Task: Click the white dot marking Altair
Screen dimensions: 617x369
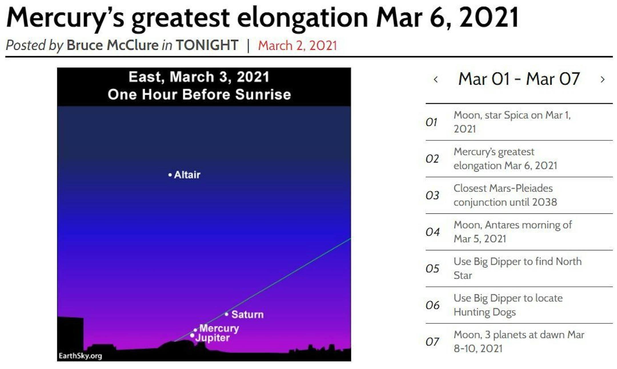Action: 170,175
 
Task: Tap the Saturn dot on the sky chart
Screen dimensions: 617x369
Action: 227,314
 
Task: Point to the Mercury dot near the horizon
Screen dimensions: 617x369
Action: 195,330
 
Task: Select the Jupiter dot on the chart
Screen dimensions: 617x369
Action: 192,336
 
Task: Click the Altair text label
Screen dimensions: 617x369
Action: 187,175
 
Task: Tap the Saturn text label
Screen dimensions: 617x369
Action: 247,314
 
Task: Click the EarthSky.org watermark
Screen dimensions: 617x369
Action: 80,356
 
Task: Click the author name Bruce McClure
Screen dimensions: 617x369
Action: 113,45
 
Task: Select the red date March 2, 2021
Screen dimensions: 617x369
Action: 297,45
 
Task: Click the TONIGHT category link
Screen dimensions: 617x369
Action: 207,45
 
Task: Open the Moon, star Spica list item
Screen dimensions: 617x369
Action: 512,122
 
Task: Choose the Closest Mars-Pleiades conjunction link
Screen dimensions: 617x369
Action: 505,195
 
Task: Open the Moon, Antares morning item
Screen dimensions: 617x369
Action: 513,232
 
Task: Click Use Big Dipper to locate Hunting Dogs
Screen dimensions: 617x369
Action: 508,305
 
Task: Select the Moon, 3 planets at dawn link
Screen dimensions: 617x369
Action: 519,342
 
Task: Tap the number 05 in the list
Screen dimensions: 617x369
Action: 432,269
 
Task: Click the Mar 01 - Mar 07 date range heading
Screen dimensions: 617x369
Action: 519,79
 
